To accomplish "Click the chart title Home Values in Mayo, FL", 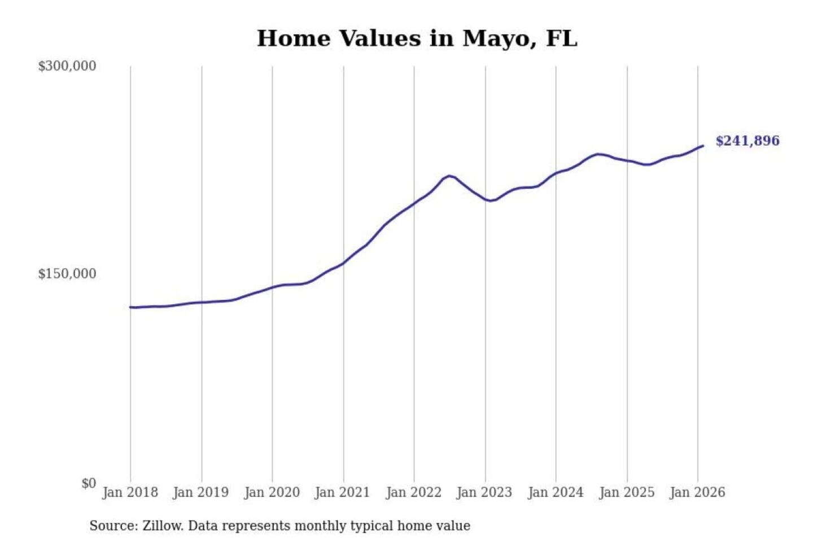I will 417,38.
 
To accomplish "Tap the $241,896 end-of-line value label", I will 747,141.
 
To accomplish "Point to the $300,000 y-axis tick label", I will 67,66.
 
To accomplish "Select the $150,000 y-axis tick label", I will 67,274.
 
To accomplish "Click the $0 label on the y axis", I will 89,483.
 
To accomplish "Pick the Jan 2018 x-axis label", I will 130,492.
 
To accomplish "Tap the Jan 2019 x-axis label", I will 201,492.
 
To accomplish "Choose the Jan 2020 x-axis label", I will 272,492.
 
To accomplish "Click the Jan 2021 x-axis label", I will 342,492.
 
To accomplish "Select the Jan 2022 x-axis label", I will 413,492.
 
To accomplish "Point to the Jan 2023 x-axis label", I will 484,492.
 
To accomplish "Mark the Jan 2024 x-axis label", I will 555,492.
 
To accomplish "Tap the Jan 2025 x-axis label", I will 626,492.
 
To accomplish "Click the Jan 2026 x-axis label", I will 697,492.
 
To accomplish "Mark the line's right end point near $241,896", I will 703,146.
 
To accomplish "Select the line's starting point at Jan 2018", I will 130,307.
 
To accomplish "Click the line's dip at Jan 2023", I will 489,201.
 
